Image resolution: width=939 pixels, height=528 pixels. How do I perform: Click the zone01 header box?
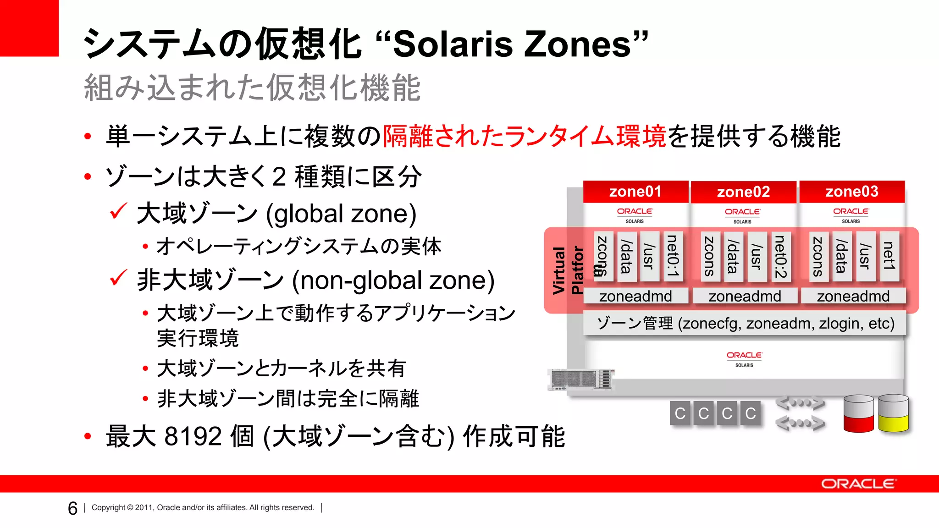click(635, 192)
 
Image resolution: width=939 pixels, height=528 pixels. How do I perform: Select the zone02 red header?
click(743, 192)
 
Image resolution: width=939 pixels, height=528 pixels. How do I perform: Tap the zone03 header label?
click(852, 192)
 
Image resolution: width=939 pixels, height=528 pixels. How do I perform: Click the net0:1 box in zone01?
click(673, 256)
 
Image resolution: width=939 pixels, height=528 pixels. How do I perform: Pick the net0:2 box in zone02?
click(780, 256)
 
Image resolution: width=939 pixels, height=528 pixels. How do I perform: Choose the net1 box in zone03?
click(889, 256)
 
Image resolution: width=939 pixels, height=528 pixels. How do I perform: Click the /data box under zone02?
click(733, 256)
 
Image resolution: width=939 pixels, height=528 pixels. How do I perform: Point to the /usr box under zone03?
click(865, 256)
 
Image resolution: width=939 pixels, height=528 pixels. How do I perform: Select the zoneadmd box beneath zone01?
click(635, 296)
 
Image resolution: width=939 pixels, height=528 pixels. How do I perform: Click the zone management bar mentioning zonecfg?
click(745, 324)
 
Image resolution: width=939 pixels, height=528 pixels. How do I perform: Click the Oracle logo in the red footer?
click(857, 484)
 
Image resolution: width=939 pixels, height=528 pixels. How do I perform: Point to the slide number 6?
click(72, 508)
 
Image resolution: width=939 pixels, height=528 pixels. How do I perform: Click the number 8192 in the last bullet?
click(193, 436)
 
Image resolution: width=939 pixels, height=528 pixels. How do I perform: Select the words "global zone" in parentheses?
click(341, 214)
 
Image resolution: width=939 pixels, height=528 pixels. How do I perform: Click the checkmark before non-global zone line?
click(118, 278)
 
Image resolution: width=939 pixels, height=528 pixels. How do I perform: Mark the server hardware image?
click(581, 379)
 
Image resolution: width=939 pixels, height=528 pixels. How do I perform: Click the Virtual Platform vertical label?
click(568, 270)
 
